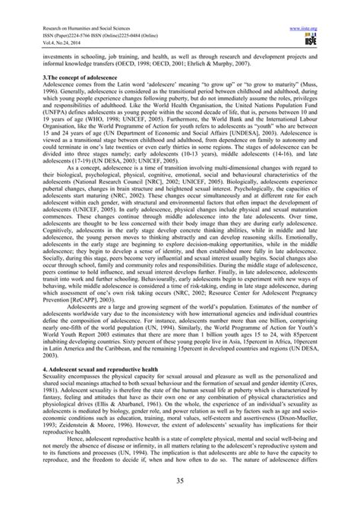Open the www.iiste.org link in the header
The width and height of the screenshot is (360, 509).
[320, 9]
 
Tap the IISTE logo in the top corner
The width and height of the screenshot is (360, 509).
[328, 23]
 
